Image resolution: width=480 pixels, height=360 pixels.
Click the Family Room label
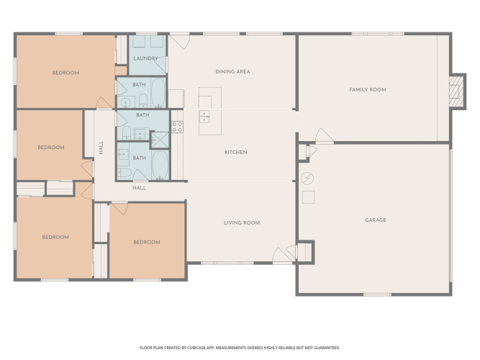(x=367, y=90)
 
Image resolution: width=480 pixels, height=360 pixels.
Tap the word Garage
(x=376, y=220)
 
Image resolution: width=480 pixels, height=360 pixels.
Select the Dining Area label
(x=232, y=72)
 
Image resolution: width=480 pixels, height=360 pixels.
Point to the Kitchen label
(x=236, y=152)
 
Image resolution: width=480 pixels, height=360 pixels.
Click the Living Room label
(x=242, y=222)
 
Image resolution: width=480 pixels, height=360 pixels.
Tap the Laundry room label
(x=145, y=58)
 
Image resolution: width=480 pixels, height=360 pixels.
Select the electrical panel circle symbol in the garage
(x=307, y=179)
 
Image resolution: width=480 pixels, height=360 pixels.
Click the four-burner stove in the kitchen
(x=177, y=127)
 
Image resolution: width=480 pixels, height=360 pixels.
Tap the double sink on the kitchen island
(x=204, y=117)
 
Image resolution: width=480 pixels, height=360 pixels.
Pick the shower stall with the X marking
(x=160, y=140)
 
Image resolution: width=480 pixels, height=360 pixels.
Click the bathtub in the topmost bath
(x=158, y=93)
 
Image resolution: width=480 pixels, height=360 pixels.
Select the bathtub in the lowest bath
(x=160, y=165)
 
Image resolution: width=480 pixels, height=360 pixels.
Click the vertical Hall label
(x=101, y=148)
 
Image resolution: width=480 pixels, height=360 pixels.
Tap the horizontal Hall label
(x=140, y=188)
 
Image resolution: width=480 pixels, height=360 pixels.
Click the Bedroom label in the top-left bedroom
(x=65, y=73)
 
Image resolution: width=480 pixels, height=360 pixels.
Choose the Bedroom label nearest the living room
(x=147, y=242)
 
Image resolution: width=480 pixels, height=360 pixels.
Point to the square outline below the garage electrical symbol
(x=308, y=197)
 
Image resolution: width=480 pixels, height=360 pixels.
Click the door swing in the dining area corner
(x=180, y=42)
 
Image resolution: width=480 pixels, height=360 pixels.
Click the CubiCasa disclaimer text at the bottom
(x=240, y=348)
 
